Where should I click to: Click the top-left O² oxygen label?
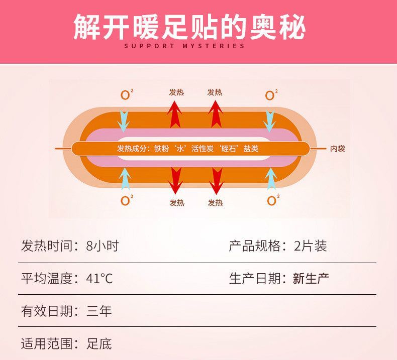tap(126, 95)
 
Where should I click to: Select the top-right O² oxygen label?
tap(271, 95)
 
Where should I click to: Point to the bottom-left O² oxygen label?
tap(126, 200)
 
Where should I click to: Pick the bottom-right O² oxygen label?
tap(271, 200)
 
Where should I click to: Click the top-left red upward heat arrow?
tap(174, 114)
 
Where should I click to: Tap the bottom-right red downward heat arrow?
tap(216, 181)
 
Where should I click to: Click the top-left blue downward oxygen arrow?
tap(124, 121)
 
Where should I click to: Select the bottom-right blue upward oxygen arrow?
tap(271, 179)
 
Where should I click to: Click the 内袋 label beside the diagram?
tap(337, 149)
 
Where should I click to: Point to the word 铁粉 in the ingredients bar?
tap(161, 149)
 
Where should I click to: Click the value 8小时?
tap(103, 246)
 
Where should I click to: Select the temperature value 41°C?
tap(100, 278)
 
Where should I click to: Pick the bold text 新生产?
tap(311, 278)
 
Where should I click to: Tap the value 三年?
tap(99, 311)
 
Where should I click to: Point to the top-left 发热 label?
tap(176, 92)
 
